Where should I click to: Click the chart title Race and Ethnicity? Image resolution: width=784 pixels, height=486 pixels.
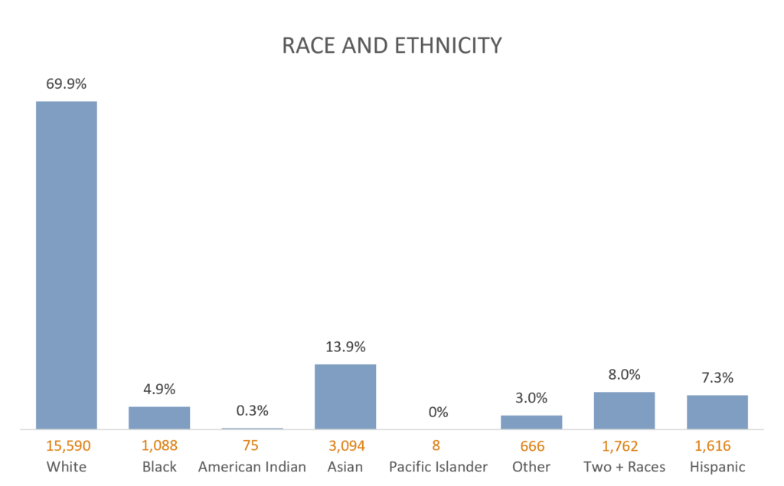(x=392, y=46)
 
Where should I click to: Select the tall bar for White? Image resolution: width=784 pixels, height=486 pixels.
(x=66, y=264)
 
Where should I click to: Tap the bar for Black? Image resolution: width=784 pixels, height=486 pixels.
(x=158, y=417)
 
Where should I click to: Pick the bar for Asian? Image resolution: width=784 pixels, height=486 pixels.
(x=345, y=396)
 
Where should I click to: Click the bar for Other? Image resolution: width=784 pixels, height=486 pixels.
(x=531, y=422)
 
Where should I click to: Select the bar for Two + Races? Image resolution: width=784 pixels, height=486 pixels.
(x=624, y=410)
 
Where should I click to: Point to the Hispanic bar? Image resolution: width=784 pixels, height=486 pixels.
(x=717, y=412)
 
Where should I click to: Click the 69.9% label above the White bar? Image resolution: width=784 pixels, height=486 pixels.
(x=66, y=84)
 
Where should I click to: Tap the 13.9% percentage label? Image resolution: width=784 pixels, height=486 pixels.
(x=345, y=346)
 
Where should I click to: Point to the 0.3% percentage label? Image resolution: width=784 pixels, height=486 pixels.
(x=252, y=411)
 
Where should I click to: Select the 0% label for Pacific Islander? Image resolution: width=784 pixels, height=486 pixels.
(x=438, y=413)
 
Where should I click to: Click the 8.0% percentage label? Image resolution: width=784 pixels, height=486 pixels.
(x=624, y=375)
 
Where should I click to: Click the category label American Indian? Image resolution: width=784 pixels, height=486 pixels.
(x=252, y=467)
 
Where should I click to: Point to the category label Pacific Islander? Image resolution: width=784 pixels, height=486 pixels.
(x=438, y=467)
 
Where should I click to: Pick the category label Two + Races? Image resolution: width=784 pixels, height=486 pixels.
(x=624, y=467)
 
